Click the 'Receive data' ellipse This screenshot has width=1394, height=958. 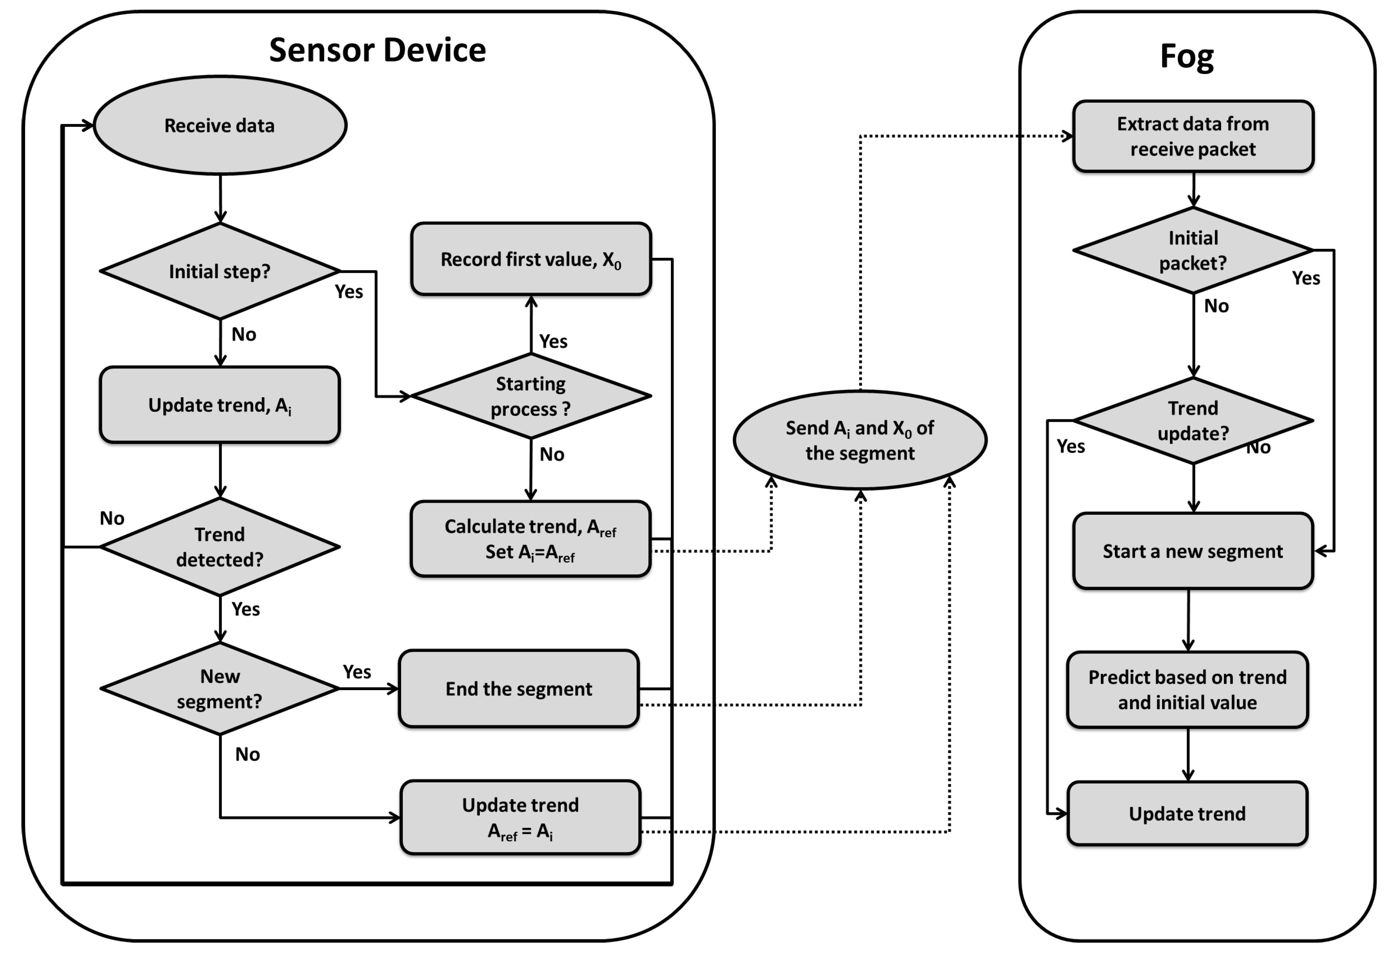click(220, 125)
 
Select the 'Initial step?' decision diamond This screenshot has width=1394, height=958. click(220, 271)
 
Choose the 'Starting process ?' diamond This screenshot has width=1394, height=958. click(530, 396)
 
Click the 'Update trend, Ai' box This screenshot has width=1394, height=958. click(220, 405)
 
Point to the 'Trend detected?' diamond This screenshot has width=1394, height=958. click(220, 547)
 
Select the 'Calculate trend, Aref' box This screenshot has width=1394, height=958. click(530, 539)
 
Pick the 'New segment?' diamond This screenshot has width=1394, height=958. click(220, 688)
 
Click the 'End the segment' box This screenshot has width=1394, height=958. click(519, 688)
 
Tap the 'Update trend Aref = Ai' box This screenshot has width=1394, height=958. click(520, 817)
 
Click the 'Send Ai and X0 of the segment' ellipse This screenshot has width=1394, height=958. click(860, 440)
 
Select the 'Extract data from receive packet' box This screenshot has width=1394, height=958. click(1193, 136)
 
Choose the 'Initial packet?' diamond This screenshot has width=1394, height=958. click(1193, 250)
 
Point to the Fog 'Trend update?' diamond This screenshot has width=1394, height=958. click(1193, 421)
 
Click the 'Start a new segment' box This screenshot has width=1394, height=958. click(1193, 551)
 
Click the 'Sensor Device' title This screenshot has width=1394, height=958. click(377, 49)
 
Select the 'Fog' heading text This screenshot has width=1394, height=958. click(1186, 57)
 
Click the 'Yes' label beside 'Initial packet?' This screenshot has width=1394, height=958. click(1306, 278)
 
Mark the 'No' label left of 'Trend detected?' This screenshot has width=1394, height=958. click(111, 518)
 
